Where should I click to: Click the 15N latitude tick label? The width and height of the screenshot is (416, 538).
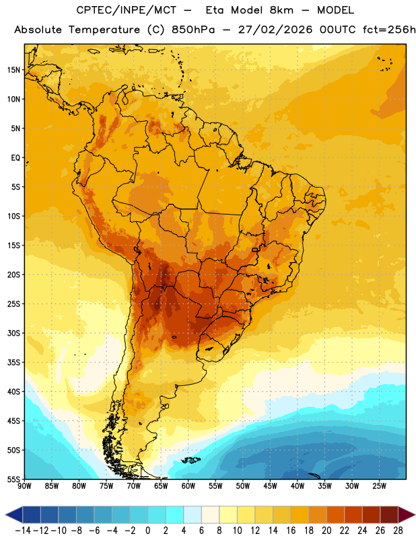(x=13, y=70)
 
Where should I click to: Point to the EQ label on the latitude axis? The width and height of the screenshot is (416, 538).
(x=15, y=158)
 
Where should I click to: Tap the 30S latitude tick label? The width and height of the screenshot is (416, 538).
(x=13, y=333)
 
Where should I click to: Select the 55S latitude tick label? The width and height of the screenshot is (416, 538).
(x=13, y=479)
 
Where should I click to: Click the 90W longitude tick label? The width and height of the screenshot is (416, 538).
(x=24, y=486)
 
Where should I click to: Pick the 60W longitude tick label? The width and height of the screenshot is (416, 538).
(x=188, y=486)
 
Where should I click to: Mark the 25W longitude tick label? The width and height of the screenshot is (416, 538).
(x=379, y=486)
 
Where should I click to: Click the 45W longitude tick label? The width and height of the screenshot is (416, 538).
(x=270, y=486)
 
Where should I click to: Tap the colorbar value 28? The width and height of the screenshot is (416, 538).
(x=398, y=531)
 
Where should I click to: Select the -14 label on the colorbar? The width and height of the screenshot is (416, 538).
(x=23, y=531)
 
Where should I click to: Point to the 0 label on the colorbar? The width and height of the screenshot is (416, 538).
(x=147, y=531)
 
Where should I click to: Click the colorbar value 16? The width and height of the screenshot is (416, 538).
(x=291, y=531)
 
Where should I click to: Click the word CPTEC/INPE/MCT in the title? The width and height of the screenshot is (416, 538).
(x=127, y=10)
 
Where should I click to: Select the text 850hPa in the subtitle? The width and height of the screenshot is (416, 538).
(x=193, y=30)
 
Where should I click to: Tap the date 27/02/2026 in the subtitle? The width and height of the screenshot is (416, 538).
(x=275, y=30)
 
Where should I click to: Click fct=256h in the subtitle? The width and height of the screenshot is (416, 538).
(x=389, y=30)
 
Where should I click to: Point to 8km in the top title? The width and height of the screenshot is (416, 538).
(x=281, y=10)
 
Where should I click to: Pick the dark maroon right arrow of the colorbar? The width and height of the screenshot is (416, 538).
(x=407, y=514)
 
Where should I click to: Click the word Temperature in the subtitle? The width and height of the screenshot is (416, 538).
(x=104, y=30)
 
